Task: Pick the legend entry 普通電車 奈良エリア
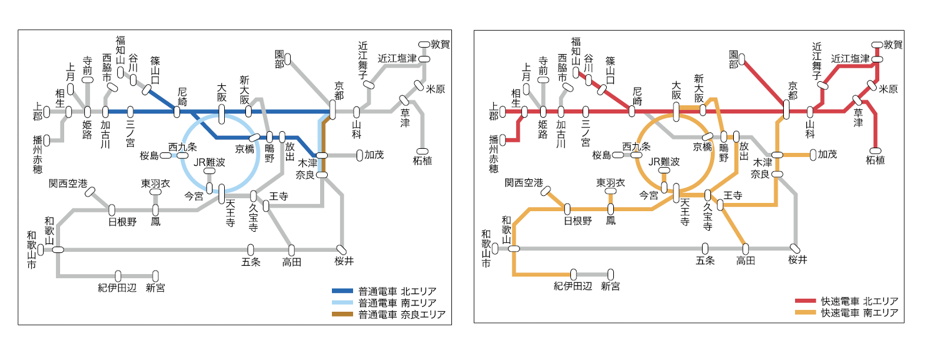click(402, 315)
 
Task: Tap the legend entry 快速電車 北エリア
click(859, 301)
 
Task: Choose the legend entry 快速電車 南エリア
click(859, 313)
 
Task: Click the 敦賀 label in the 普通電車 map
click(440, 45)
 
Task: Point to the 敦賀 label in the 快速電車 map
click(893, 45)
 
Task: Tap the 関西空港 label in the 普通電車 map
click(68, 184)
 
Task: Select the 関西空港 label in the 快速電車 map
click(524, 183)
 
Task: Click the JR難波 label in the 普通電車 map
click(210, 162)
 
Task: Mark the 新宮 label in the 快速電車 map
click(610, 286)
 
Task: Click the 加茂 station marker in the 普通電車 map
click(360, 156)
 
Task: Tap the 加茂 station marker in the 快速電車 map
click(813, 155)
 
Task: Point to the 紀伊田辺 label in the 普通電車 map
click(117, 288)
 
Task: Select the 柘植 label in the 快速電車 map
click(875, 160)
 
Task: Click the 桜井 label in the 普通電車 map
click(344, 261)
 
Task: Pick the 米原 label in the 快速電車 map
click(889, 89)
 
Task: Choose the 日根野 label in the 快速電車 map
click(578, 221)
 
